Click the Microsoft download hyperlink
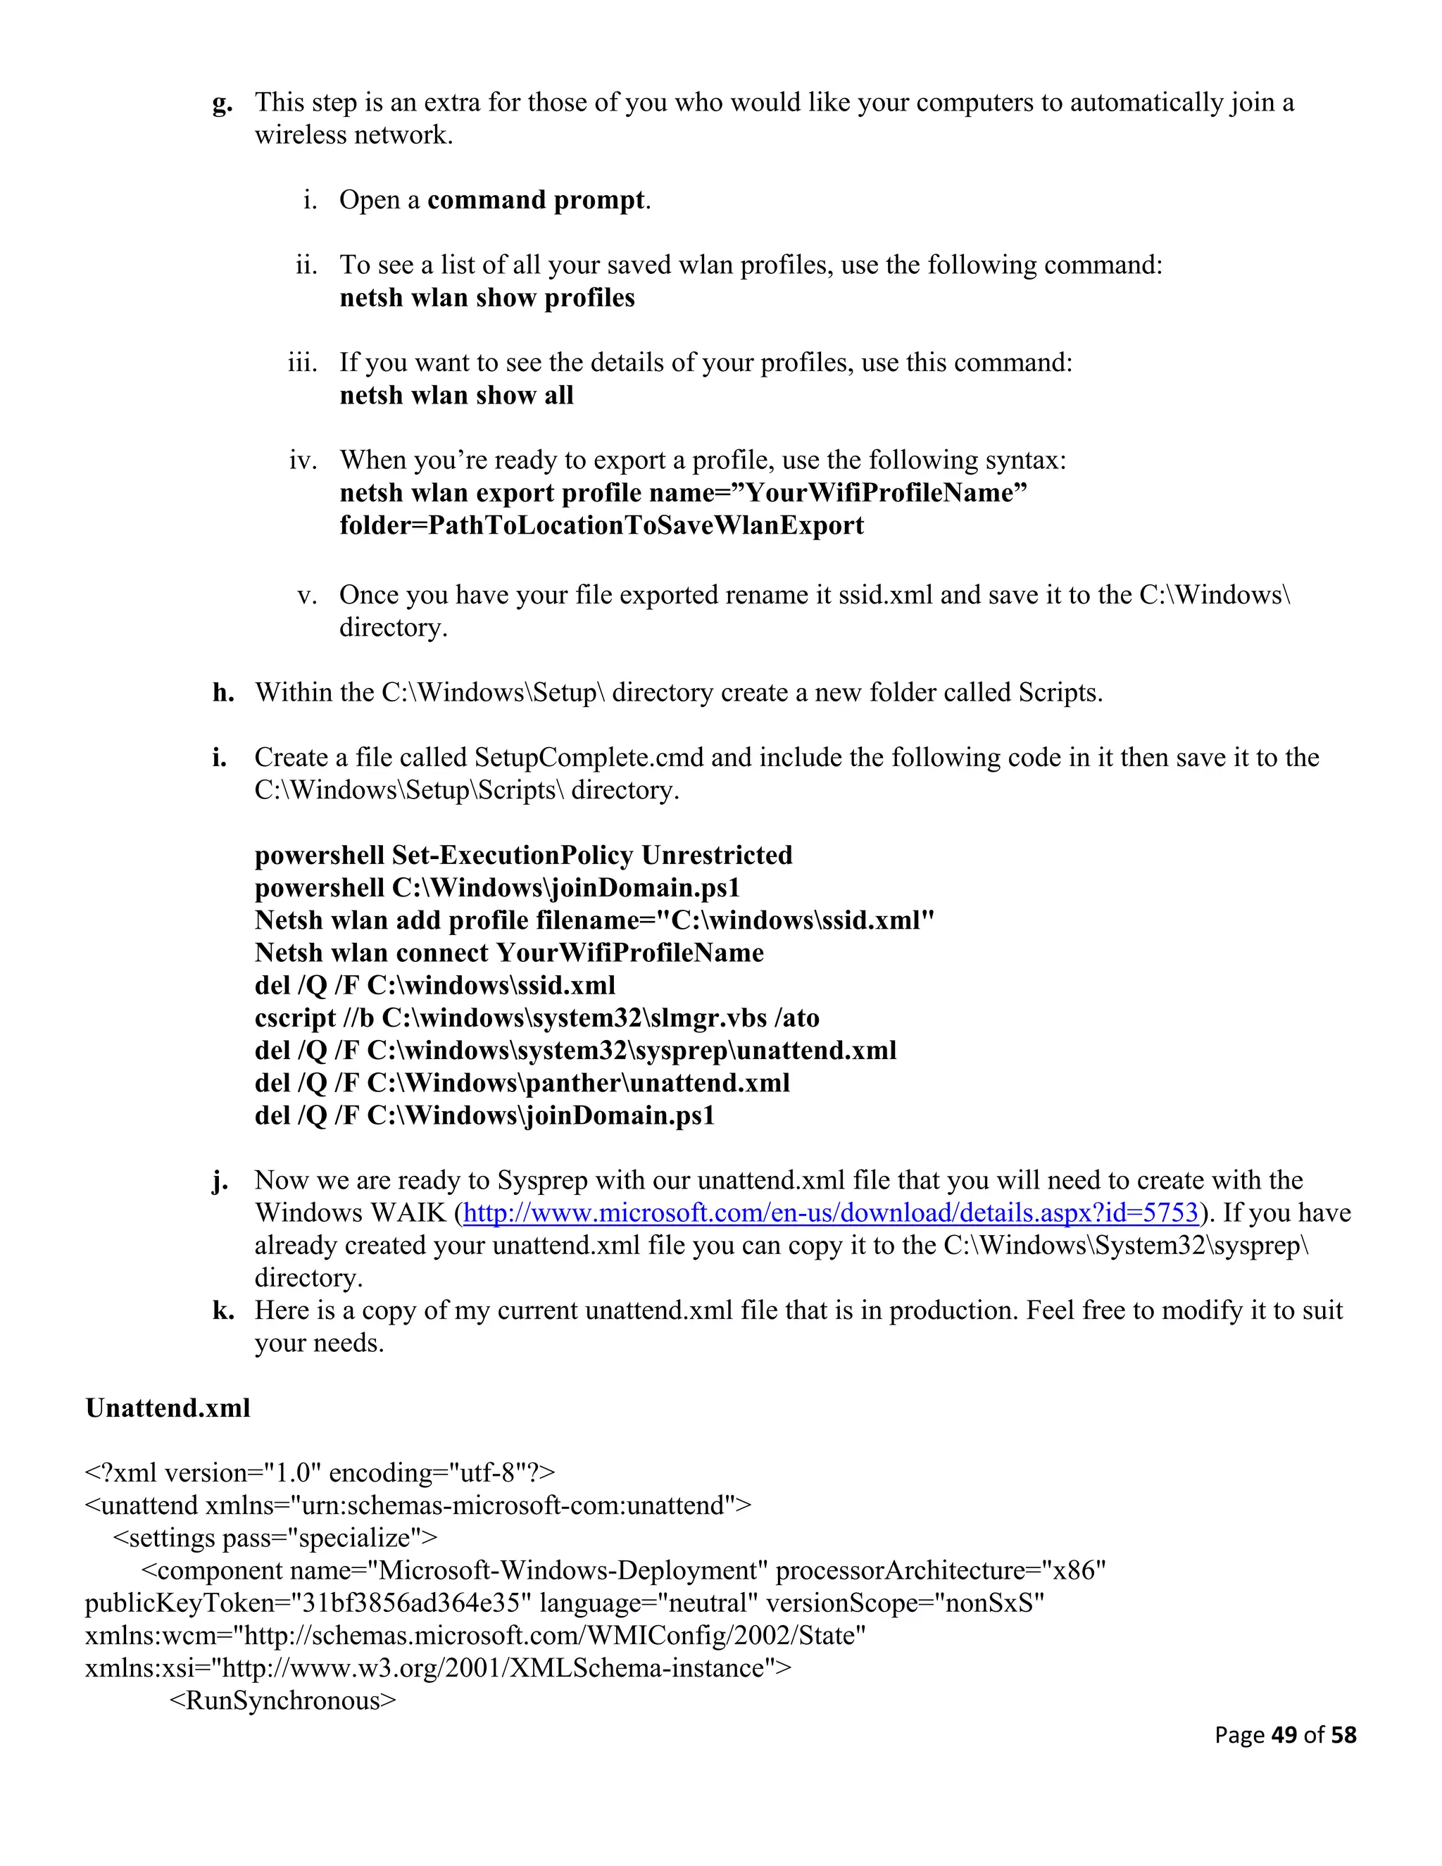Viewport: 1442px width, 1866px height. [830, 1213]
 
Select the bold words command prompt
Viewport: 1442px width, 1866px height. [536, 200]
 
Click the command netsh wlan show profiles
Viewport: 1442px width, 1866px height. [487, 297]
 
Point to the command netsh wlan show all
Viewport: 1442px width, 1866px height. [456, 395]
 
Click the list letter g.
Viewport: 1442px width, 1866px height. [222, 104]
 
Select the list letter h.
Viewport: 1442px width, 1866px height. [223, 692]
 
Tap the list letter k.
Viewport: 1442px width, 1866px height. [223, 1310]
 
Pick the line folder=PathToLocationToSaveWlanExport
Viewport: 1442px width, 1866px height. [601, 525]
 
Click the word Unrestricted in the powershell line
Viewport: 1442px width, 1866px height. [717, 856]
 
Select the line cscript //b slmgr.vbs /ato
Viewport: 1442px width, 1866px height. [537, 1017]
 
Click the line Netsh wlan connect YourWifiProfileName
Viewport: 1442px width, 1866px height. [509, 953]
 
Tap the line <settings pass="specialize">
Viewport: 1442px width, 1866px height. [275, 1538]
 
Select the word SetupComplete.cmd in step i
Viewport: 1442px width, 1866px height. [589, 757]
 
